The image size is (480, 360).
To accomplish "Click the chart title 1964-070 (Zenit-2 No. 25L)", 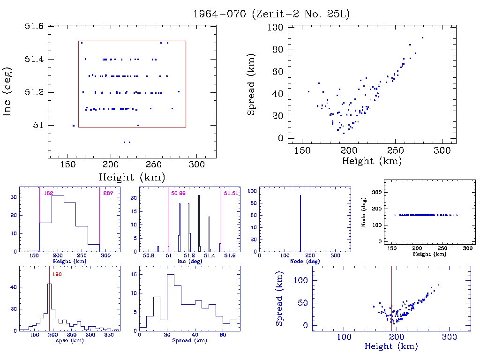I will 271,14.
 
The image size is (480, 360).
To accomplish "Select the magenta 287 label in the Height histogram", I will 108,193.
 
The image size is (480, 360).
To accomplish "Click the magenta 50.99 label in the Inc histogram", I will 178,193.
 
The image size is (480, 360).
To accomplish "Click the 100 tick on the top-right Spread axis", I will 274,28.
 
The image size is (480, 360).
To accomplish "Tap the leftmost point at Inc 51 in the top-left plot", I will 74,125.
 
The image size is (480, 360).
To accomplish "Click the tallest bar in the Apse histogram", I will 49,307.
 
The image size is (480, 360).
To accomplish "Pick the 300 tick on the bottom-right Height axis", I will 450,337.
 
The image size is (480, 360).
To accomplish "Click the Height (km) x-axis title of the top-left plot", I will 132,177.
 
